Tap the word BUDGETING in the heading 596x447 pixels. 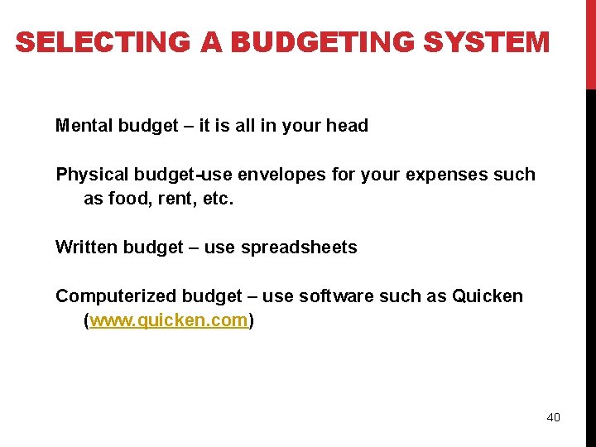(x=303, y=42)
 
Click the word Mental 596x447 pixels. (x=84, y=126)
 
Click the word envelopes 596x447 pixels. (x=279, y=175)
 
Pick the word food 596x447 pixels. (x=126, y=199)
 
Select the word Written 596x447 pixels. (x=86, y=248)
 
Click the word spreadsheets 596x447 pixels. (x=299, y=248)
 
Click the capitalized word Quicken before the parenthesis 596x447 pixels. (x=488, y=296)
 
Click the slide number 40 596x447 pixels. (x=553, y=417)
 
